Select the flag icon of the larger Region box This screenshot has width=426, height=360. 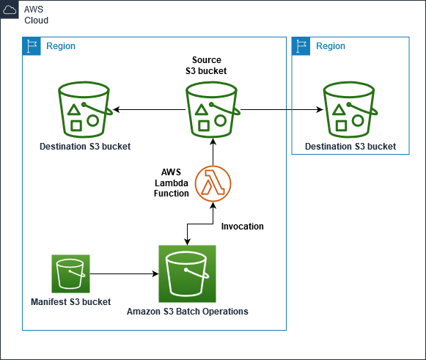tap(32, 46)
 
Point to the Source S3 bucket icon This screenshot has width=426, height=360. tap(213, 109)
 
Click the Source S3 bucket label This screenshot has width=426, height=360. tap(206, 65)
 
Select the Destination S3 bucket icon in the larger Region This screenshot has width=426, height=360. tap(85, 109)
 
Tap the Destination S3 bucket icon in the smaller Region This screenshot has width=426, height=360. tap(350, 109)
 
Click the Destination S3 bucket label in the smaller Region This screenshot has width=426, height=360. tap(350, 147)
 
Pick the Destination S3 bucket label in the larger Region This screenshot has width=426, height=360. tap(85, 147)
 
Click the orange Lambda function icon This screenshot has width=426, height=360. tap(213, 183)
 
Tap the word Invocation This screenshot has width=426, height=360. tap(242, 227)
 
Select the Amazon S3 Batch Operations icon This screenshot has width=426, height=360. tap(188, 273)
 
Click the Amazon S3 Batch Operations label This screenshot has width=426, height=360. tap(188, 312)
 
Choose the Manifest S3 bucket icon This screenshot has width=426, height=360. tap(70, 273)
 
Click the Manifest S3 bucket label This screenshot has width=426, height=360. tap(70, 301)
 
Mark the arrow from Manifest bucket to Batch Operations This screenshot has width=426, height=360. tap(124, 273)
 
